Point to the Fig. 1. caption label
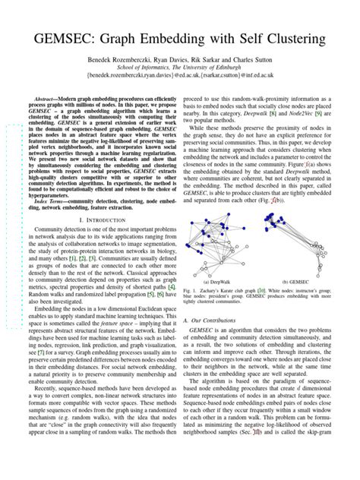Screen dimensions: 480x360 [191, 290]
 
